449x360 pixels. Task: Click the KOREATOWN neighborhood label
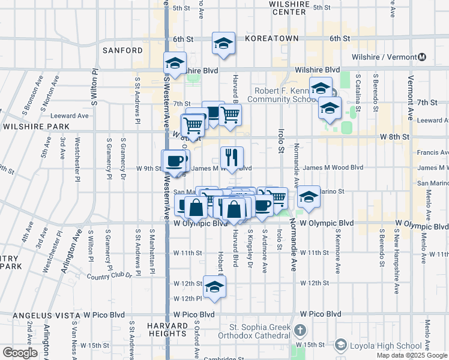tap(272, 38)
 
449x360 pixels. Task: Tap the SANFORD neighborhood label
tap(122, 50)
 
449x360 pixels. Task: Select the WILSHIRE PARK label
tap(35, 127)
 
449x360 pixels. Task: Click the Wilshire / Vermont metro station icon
tap(423, 57)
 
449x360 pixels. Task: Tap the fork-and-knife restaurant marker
tap(232, 158)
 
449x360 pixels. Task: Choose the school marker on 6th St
tap(223, 43)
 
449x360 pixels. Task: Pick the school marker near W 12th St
tap(214, 287)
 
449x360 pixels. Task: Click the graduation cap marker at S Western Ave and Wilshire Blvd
tap(175, 63)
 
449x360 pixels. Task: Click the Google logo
tap(20, 353)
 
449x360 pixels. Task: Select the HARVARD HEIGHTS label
tap(167, 329)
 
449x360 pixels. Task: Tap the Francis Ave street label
tap(432, 152)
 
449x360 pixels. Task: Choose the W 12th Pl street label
tap(188, 298)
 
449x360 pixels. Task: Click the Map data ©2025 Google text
tap(411, 355)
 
